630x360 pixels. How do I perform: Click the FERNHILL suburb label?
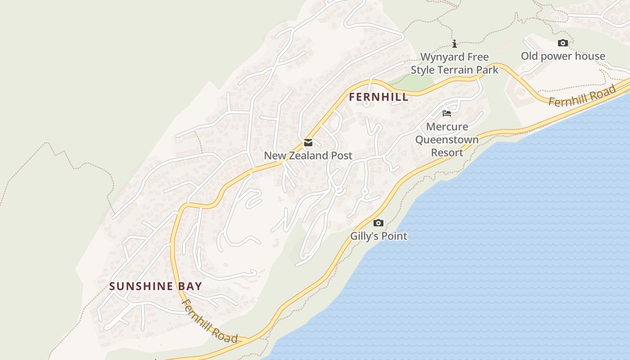pos(378,97)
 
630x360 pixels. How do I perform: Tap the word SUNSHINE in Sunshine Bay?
pos(141,286)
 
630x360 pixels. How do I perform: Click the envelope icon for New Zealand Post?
pos(308,143)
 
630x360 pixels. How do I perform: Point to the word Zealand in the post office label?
pos(307,156)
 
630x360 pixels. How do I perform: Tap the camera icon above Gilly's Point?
pos(378,223)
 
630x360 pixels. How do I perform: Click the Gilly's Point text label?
pos(378,236)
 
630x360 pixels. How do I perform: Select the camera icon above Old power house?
pos(562,43)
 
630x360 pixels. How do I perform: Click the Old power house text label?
pos(562,56)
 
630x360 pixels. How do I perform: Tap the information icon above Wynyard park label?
pos(454,44)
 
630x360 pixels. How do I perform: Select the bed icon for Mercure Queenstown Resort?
pos(447,113)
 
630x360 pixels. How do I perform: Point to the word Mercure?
pos(447,126)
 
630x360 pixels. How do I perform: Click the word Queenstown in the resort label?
pos(447,139)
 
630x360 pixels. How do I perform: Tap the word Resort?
pos(447,153)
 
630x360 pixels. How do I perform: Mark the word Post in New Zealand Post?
pos(342,156)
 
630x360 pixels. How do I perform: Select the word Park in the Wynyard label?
pos(488,70)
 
